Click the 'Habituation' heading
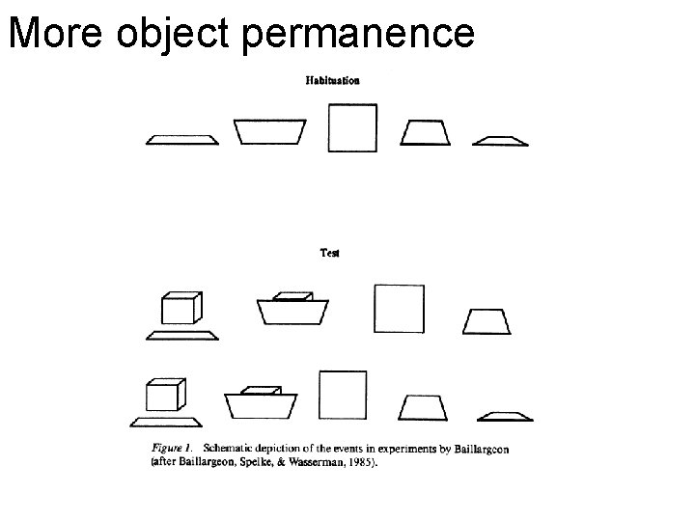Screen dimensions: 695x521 (332, 80)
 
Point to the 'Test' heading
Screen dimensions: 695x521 (330, 253)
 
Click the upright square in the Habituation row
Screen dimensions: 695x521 (352, 127)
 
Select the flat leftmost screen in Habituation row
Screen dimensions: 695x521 (182, 140)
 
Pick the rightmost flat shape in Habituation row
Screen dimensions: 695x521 (500, 141)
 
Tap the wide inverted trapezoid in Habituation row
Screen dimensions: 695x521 (270, 131)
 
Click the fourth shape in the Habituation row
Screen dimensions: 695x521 (426, 132)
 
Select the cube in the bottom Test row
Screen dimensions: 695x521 (165, 396)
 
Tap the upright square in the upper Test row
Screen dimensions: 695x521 (399, 309)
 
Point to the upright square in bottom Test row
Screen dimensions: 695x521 (344, 396)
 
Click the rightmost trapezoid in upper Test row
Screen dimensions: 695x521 (486, 321)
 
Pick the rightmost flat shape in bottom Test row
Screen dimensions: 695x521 (506, 417)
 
